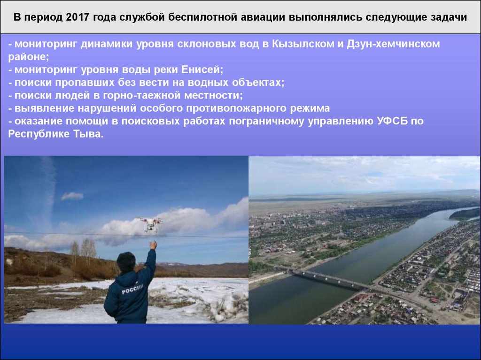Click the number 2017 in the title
pyautogui.click(x=78, y=17)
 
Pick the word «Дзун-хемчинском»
pyautogui.click(x=393, y=44)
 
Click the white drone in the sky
pyautogui.click(x=151, y=224)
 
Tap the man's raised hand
pyautogui.click(x=153, y=245)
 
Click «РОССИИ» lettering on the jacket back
pyautogui.click(x=132, y=289)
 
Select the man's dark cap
pyautogui.click(x=126, y=260)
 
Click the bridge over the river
pyautogui.click(x=330, y=279)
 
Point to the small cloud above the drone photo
pyautogui.click(x=72, y=196)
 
